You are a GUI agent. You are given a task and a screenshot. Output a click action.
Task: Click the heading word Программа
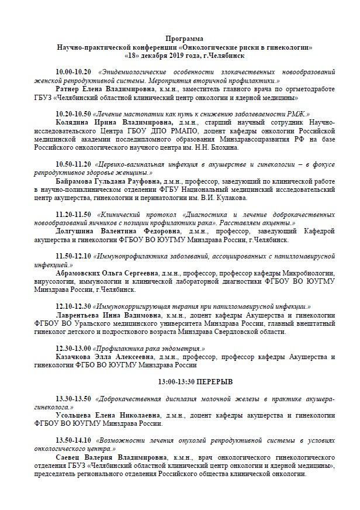click(179, 37)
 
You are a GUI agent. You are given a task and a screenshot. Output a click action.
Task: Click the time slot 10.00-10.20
click(75, 70)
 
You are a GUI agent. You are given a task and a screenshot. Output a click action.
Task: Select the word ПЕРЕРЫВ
click(212, 381)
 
